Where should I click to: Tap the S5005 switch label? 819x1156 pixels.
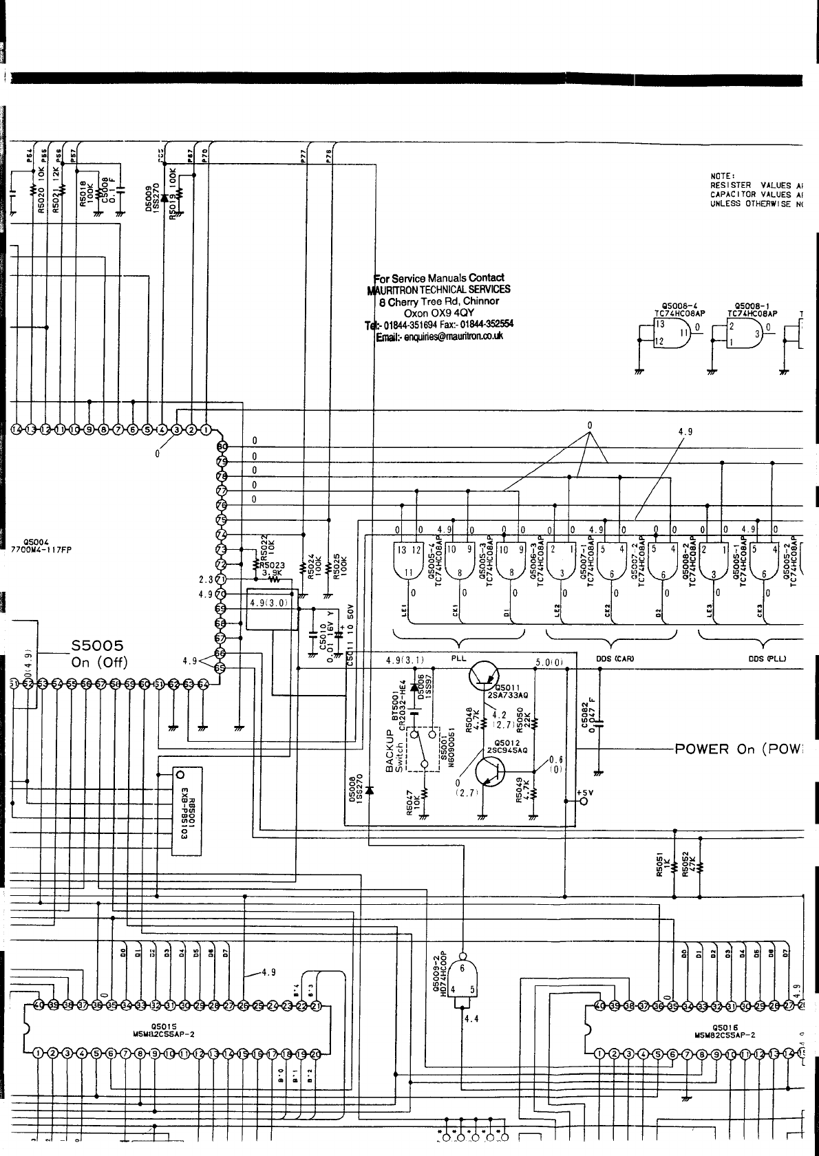tap(97, 645)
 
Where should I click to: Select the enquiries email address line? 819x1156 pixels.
tap(438, 336)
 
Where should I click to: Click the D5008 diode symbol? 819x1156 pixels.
tap(370, 791)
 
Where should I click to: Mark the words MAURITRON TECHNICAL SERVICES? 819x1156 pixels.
tap(438, 290)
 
